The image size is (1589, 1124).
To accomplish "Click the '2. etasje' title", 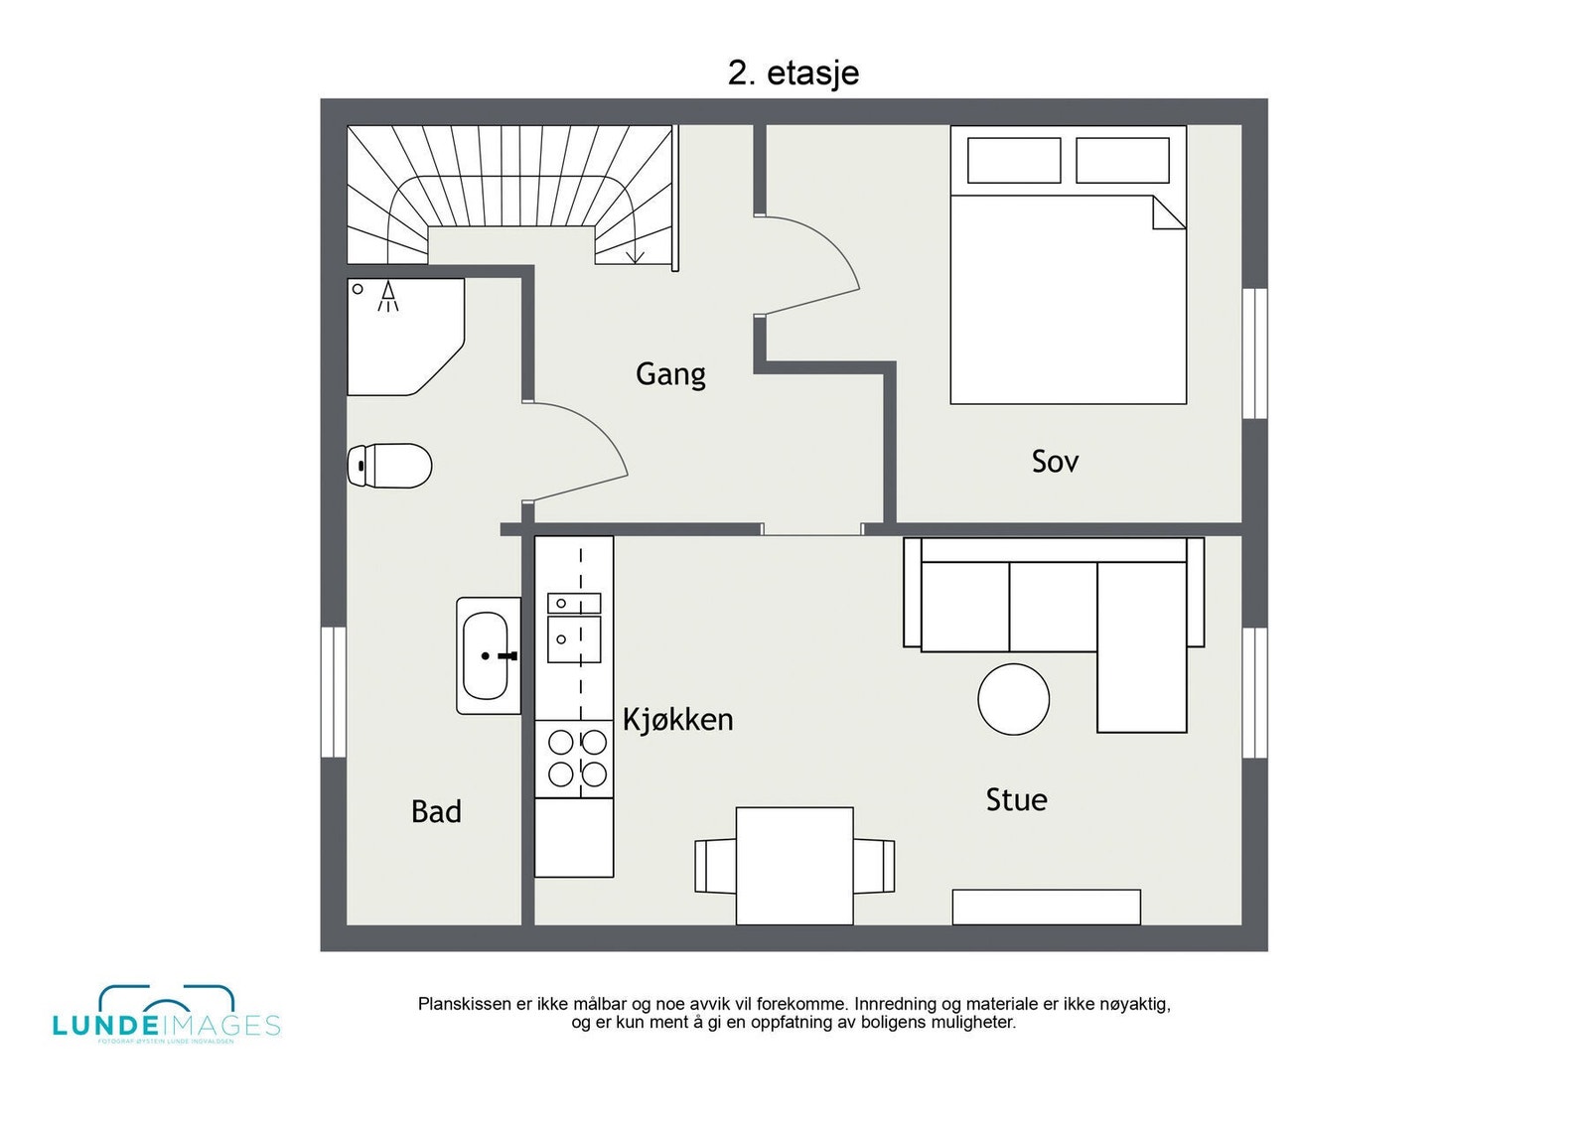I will click(x=793, y=73).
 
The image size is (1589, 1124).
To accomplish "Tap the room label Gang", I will click(x=670, y=374).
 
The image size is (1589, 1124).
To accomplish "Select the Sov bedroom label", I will click(x=1054, y=462).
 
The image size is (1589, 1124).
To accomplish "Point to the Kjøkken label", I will click(x=677, y=719).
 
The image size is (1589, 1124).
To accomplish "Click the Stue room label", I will click(x=1016, y=800).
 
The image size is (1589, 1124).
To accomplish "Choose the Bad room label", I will click(x=436, y=812).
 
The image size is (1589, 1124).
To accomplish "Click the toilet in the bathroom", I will click(x=390, y=466).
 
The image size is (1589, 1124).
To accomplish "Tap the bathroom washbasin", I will click(x=487, y=655).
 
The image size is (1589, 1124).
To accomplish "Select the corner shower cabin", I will click(x=402, y=336).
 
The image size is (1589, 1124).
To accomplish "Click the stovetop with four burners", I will click(x=574, y=759).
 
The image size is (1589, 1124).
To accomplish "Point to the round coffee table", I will click(x=1013, y=699).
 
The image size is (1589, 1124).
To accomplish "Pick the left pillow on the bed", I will click(x=1014, y=161).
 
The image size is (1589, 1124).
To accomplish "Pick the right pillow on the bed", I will click(x=1122, y=161).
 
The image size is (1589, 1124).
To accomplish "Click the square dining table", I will click(x=794, y=865).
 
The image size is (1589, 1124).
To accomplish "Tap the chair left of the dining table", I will click(x=714, y=866).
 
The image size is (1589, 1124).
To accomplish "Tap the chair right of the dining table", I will click(x=875, y=866).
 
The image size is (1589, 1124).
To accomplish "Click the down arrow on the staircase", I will click(x=636, y=256).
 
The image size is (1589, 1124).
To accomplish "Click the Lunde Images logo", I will click(x=166, y=1015).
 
